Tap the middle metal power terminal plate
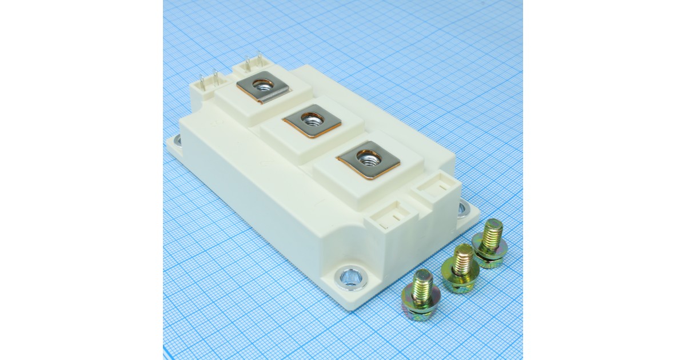coord(312,121)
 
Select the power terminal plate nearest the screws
coord(368,158)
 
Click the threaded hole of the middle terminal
coord(312,119)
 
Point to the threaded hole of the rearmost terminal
coord(262,86)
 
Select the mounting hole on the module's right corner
coord(462,209)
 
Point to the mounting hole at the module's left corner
coord(176,139)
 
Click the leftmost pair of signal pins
coord(208,80)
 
